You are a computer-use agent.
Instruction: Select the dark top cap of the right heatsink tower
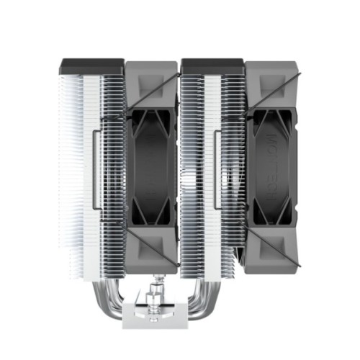(213, 66)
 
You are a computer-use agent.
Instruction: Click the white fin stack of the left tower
(76, 166)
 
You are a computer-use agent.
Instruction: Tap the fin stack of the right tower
(198, 166)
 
